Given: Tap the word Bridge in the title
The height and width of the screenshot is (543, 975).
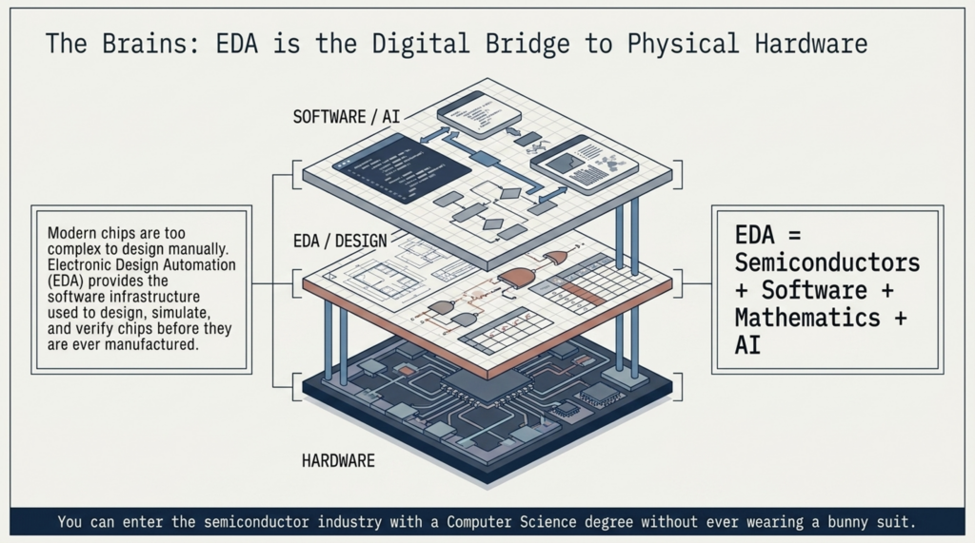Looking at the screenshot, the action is coord(527,44).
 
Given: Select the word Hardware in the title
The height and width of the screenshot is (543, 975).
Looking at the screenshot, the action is coord(811,44).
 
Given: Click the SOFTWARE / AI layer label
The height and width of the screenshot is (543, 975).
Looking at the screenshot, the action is coord(347,117).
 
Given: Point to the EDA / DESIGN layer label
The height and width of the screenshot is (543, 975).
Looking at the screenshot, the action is coord(340,241).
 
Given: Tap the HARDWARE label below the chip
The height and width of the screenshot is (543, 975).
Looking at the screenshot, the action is coord(338,461).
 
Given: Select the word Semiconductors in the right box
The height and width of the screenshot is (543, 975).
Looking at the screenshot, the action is coord(827,262).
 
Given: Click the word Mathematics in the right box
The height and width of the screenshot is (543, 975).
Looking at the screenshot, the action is coord(807,318).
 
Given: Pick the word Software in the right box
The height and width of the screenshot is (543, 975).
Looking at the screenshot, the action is coord(814,290).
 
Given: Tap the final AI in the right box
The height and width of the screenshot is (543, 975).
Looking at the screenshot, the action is coord(747,345).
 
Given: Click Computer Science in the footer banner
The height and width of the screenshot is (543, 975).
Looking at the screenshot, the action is coord(511,521).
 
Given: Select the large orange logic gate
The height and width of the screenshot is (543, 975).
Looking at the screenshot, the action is coord(519,278).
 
